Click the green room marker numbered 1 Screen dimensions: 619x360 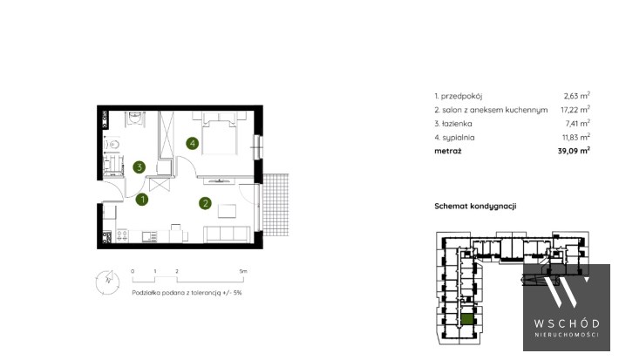[142, 200]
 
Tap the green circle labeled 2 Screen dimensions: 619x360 [205, 203]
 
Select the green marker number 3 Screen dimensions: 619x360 [139, 167]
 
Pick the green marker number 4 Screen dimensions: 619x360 [193, 143]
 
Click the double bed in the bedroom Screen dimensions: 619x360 [220, 133]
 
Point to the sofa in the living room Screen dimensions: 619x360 [227, 234]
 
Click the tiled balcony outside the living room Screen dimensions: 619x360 [275, 204]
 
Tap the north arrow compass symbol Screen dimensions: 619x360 [107, 282]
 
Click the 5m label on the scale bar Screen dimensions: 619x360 [243, 271]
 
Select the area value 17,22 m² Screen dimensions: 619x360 [575, 109]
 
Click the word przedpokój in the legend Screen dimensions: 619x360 [461, 96]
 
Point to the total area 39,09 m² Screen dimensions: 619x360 [574, 151]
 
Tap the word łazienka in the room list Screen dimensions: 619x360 [456, 124]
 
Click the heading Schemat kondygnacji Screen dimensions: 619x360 [475, 206]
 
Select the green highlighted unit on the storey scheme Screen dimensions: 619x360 [468, 319]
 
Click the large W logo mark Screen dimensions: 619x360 [567, 292]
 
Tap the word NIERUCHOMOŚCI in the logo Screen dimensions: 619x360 [567, 335]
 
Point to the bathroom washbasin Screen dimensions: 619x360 [135, 118]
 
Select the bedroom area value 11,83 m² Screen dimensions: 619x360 [576, 137]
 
